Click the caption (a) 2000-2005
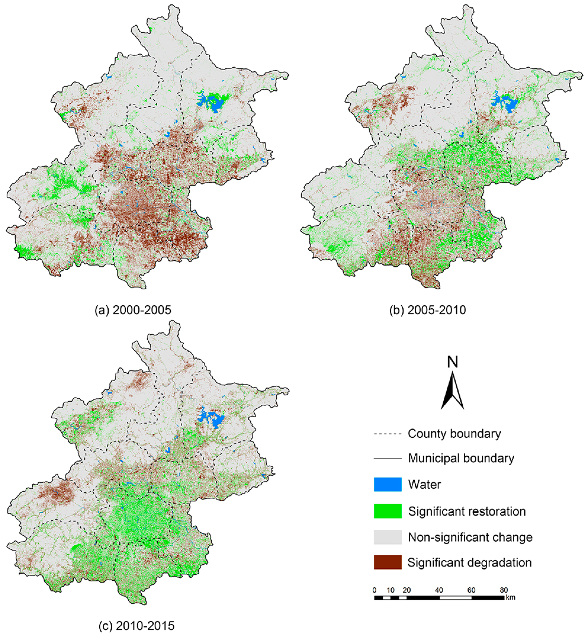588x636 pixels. pos(133,310)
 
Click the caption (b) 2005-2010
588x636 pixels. pos(428,310)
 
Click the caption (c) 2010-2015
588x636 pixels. pos(136,625)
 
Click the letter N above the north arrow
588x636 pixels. pos(452,362)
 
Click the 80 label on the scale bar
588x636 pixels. pos(504,590)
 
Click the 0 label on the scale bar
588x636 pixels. pos(375,590)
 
